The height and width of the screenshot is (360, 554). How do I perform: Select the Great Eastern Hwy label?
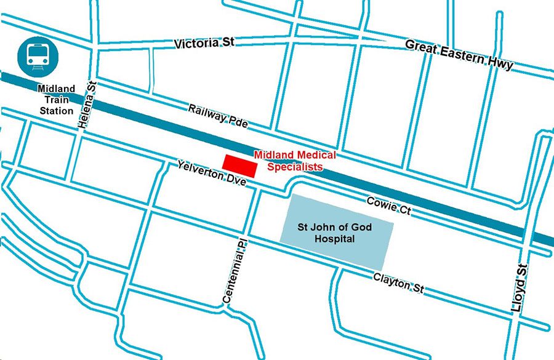coord(459,55)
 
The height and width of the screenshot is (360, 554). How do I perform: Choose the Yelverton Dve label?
coord(211,174)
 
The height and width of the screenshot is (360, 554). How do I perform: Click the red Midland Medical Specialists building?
coord(239,166)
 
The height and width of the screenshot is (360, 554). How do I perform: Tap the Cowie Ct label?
coord(388,205)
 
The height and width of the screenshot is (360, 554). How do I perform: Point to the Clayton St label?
coord(398,284)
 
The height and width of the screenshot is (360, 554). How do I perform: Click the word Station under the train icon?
coord(57,111)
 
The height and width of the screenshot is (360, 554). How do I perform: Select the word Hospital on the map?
coord(335,239)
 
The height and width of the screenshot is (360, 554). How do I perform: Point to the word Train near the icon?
coord(56,100)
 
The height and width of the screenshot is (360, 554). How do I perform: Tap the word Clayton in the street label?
coord(391,282)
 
